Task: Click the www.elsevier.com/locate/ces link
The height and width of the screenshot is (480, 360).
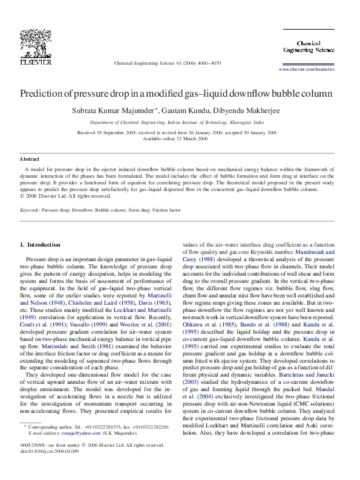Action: [x=306, y=70]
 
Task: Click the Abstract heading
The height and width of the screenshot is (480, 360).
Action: [x=30, y=159]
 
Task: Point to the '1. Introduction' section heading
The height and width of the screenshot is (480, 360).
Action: [x=40, y=245]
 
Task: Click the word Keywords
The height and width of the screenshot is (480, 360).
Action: [x=30, y=210]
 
